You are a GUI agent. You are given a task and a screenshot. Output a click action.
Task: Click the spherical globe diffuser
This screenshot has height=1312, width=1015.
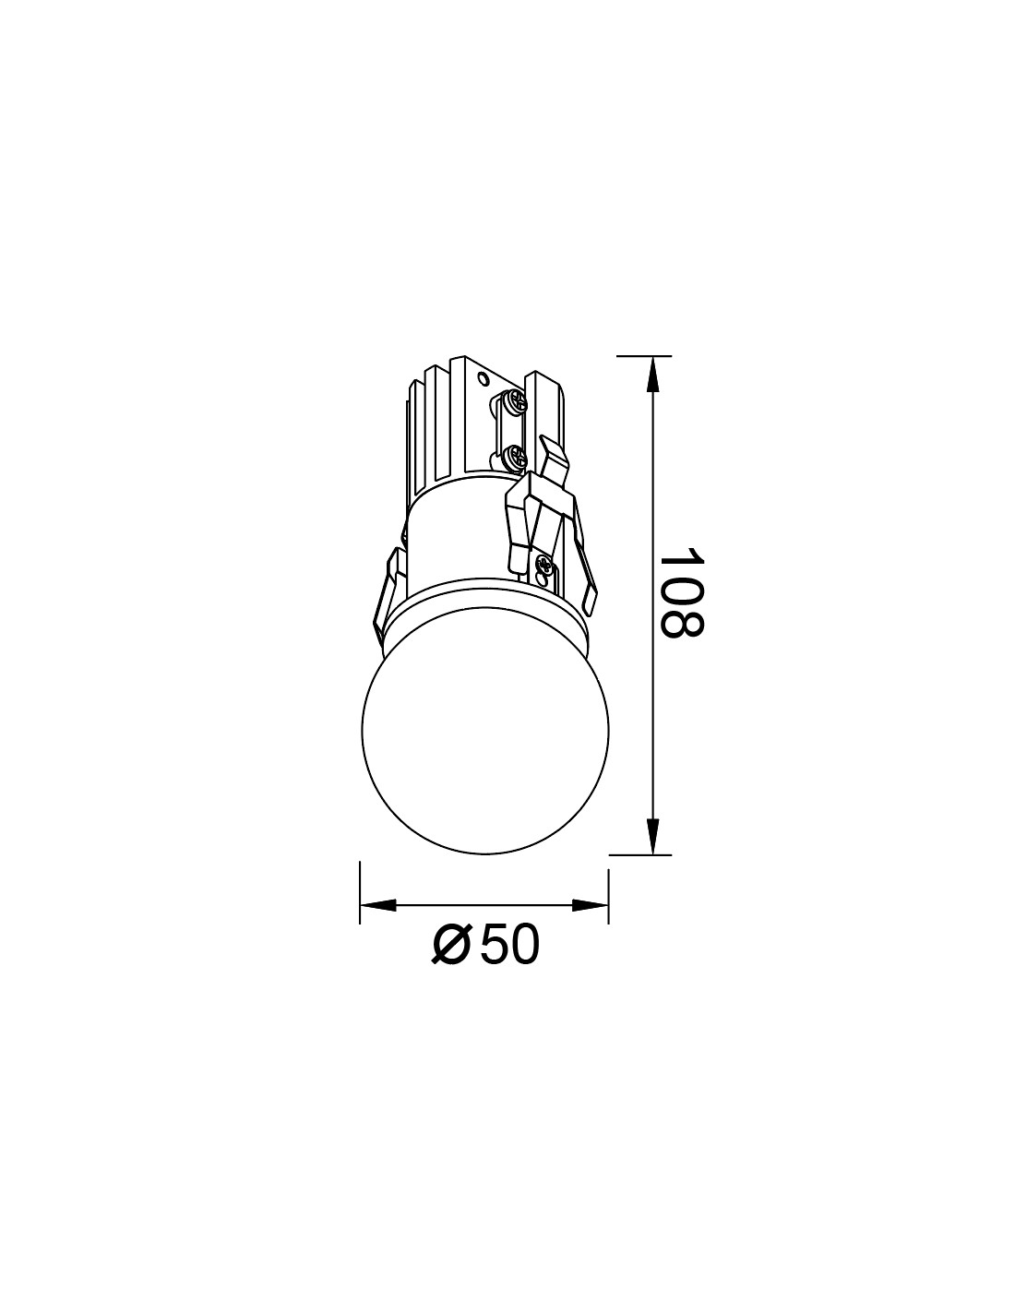click(x=484, y=732)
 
